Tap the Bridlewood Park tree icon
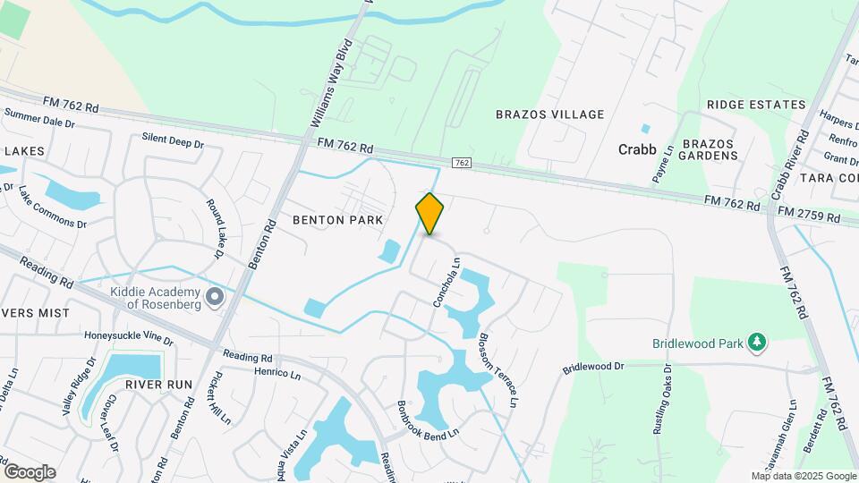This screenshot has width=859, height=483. (x=758, y=342)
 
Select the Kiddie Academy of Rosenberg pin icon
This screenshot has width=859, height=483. (x=214, y=296)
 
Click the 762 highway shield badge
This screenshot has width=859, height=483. (x=461, y=163)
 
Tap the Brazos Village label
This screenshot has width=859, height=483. (x=550, y=114)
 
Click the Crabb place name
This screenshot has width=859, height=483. (x=637, y=149)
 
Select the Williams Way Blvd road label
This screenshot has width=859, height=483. (x=333, y=81)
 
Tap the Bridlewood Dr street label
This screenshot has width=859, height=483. (x=592, y=368)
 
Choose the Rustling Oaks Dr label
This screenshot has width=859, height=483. (x=662, y=403)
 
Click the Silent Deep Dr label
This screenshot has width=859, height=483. (x=174, y=140)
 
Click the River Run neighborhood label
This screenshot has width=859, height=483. (x=158, y=384)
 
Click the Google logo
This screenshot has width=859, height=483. (x=30, y=471)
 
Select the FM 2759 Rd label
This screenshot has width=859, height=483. (x=809, y=217)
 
